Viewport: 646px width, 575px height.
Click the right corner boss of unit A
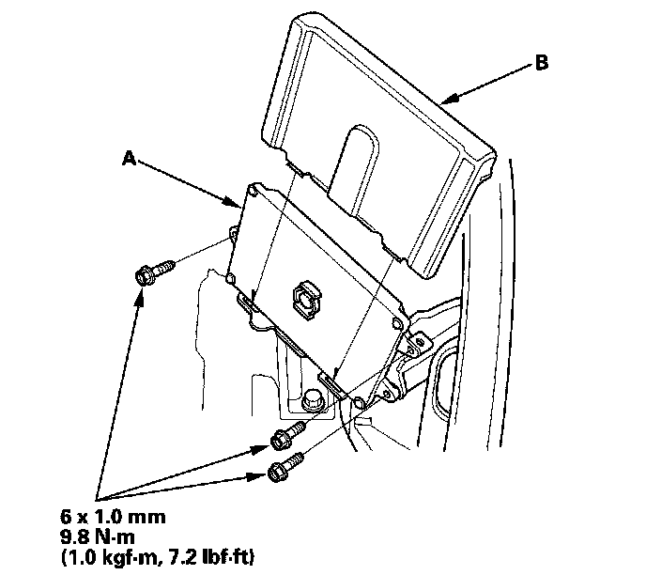click(401, 322)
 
